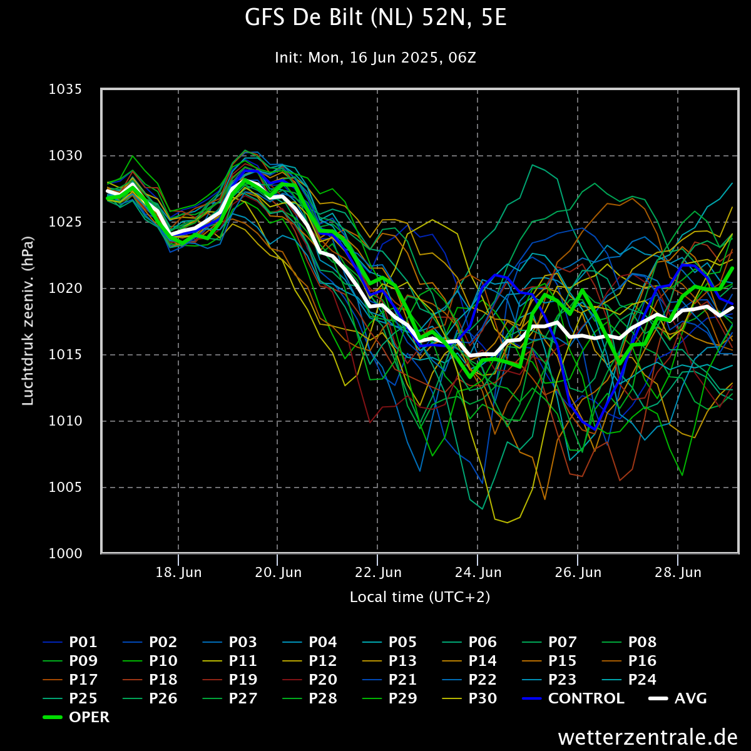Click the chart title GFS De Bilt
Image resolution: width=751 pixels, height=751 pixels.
point(375,18)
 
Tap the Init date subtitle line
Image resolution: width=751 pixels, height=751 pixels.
point(375,58)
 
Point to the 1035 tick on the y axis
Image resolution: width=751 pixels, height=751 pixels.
point(65,89)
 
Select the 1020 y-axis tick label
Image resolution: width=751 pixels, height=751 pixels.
point(65,289)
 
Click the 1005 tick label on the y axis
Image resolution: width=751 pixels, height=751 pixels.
point(65,488)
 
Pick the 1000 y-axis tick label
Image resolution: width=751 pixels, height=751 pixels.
point(65,554)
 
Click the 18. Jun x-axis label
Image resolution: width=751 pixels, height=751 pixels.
point(178,573)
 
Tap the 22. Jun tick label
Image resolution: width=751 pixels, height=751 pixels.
point(378,573)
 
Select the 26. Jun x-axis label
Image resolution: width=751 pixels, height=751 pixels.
point(578,573)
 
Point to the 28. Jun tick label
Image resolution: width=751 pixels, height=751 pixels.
point(678,573)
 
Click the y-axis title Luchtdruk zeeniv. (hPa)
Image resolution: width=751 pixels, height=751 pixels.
point(28,321)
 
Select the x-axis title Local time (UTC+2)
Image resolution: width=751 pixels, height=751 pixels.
point(420,597)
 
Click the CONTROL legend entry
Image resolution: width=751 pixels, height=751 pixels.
point(586,698)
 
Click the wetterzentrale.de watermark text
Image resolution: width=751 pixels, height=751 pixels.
point(648,737)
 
